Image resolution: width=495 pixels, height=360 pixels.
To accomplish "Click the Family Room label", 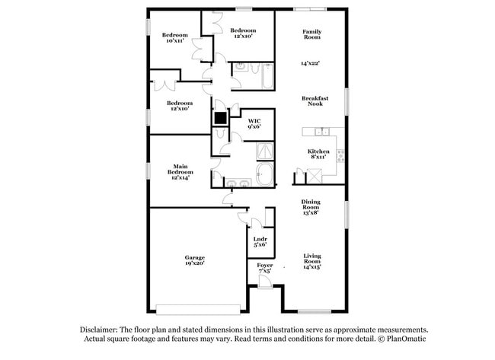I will (x=311, y=34).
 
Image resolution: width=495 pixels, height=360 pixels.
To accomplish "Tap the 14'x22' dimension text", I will (x=311, y=64).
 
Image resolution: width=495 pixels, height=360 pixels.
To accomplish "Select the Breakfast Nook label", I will (x=315, y=101).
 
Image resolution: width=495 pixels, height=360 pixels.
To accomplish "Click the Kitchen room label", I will (x=318, y=151).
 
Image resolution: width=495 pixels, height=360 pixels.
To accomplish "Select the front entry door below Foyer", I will (x=264, y=283).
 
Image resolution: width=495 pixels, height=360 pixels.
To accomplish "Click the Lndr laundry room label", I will (x=260, y=241).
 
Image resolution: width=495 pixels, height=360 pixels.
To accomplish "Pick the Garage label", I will (x=194, y=259).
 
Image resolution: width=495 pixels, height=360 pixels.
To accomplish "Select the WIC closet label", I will (x=254, y=123).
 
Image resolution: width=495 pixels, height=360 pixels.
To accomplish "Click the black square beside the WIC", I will (x=220, y=118).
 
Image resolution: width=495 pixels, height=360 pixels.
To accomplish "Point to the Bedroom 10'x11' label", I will (x=174, y=37).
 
